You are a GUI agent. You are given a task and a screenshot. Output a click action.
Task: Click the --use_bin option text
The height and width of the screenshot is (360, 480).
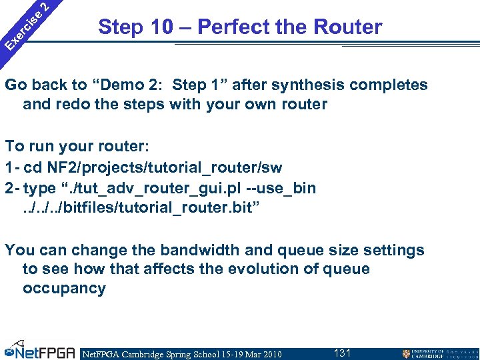coord(277,188)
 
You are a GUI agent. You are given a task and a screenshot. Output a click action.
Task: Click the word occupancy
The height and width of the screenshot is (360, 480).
coord(64,289)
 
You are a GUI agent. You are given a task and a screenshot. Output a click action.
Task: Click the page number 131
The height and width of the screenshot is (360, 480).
coord(342,353)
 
